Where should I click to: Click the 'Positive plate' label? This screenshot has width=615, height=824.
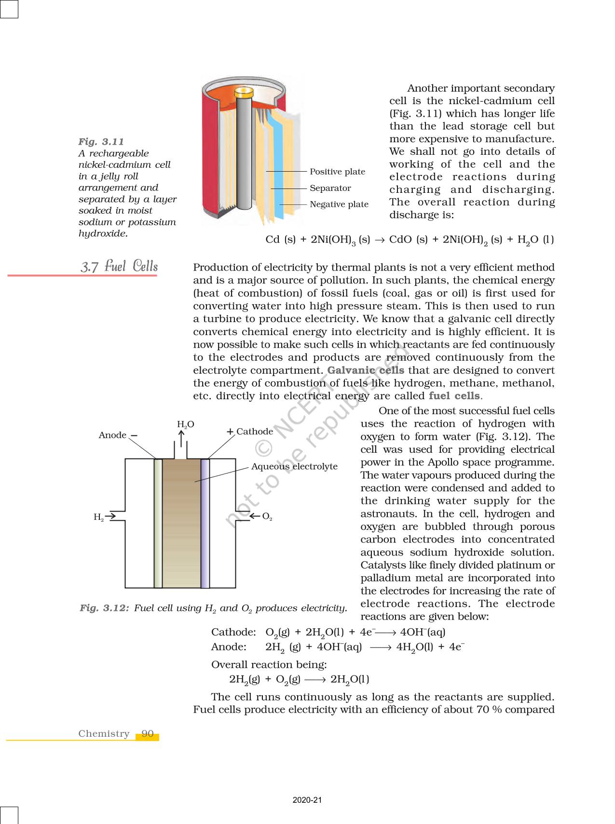coord(337,172)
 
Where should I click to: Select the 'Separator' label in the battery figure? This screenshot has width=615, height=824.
coord(330,188)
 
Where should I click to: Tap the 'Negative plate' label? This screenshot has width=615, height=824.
coord(339,204)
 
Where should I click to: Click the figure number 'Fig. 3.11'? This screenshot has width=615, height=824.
coord(101,142)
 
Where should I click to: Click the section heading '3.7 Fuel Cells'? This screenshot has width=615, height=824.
coord(119,266)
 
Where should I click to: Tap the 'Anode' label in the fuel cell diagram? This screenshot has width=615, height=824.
coord(112,435)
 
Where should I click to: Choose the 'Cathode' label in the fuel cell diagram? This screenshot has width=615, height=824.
coord(254,432)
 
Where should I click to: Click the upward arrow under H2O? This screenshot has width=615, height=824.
coord(181,439)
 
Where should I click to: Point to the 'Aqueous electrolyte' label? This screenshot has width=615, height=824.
coord(294,466)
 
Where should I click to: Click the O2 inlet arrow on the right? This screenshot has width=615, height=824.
coord(255,516)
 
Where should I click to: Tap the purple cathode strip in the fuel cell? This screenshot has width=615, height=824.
coord(205,523)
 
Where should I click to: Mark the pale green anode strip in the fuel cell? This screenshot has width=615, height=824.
coord(158,523)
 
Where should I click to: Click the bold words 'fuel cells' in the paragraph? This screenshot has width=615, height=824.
coord(454,396)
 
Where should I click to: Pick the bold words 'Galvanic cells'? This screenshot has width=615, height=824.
coord(366,370)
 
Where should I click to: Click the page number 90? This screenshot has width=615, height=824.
coord(148,734)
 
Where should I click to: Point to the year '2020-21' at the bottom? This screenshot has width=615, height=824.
coord(307,800)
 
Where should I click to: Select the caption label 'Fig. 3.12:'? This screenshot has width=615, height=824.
coord(104,608)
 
